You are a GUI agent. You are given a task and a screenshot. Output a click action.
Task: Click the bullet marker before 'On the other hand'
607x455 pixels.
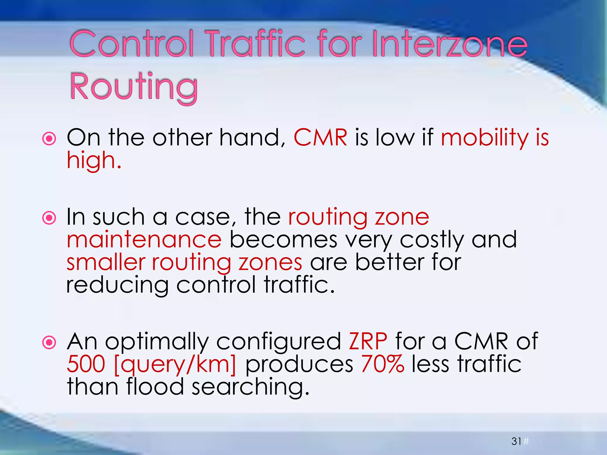(49, 138)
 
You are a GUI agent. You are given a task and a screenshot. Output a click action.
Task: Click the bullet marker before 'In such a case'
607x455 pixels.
(49, 218)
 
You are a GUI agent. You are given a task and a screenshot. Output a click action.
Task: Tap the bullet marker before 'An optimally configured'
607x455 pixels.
(49, 343)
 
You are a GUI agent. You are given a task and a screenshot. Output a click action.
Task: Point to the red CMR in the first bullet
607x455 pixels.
(320, 138)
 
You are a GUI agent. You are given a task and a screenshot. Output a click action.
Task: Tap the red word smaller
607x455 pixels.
(106, 262)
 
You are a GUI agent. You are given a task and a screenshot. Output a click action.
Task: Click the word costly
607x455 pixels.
(432, 240)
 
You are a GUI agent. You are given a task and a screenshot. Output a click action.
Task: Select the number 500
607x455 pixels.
(86, 364)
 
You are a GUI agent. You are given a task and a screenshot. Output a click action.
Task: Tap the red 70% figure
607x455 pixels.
(383, 364)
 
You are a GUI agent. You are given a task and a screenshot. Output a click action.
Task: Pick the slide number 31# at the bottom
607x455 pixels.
(520, 441)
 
